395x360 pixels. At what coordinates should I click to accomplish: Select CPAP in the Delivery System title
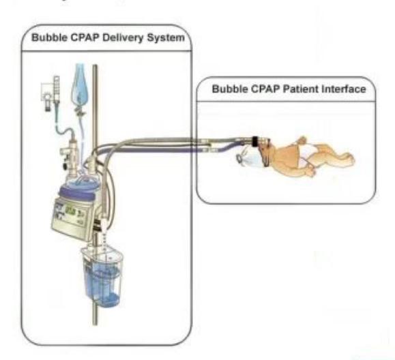coord(85,37)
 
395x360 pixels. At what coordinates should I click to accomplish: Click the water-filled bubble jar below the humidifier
coord(102,276)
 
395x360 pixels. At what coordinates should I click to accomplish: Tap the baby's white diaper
coord(306,154)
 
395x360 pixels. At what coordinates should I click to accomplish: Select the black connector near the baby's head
coord(255,141)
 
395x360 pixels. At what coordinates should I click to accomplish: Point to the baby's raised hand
coord(302,140)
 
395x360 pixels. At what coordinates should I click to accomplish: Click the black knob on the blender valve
coord(66,166)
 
